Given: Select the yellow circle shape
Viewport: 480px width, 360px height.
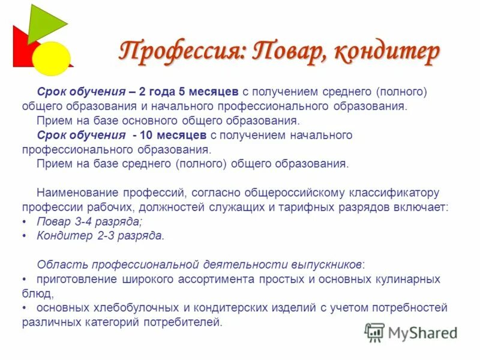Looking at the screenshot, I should point(51,58).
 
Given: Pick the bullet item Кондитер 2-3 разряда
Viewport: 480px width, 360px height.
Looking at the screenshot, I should point(100,236).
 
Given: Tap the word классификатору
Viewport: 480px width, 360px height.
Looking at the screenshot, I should point(394,193).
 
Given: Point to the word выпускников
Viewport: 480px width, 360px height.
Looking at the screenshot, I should point(327,265).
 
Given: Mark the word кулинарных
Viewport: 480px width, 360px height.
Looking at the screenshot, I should point(410,280).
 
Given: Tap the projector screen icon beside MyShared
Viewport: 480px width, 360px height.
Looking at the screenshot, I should point(374,332).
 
